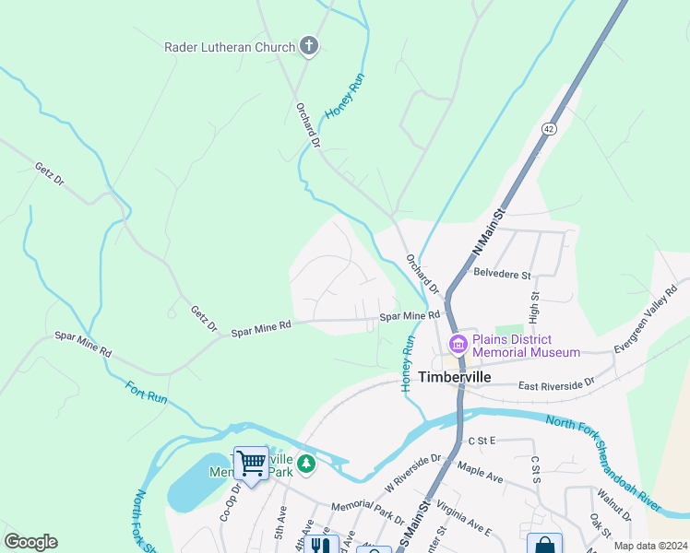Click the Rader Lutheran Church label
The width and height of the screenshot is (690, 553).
click(230, 47)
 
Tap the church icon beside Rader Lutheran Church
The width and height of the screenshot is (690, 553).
click(309, 46)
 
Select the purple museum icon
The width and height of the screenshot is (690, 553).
click(458, 345)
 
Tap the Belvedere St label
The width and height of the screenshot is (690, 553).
click(502, 275)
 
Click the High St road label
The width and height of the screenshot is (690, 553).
click(534, 308)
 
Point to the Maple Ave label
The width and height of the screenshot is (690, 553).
click(482, 474)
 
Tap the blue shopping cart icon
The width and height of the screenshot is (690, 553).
click(251, 464)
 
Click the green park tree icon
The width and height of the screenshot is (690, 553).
click(305, 464)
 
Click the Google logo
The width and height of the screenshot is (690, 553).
click(30, 542)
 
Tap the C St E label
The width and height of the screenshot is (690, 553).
click(482, 441)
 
